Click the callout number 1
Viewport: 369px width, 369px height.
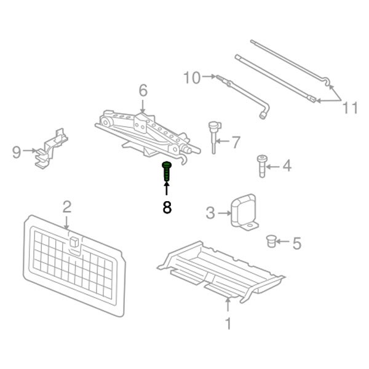tap(228, 323)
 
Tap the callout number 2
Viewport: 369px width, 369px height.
tap(67, 206)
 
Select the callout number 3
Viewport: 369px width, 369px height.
tap(210, 213)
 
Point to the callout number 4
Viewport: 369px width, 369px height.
tap(287, 165)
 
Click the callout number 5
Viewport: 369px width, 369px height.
tap(296, 244)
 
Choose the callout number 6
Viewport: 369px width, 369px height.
tap(143, 91)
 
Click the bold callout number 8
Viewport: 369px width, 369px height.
tap(167, 207)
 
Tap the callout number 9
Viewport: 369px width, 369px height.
tap(17, 151)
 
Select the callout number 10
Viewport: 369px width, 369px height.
tap(192, 77)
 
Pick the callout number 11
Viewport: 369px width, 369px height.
tap(350, 108)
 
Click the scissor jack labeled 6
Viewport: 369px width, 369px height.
tap(145, 132)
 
